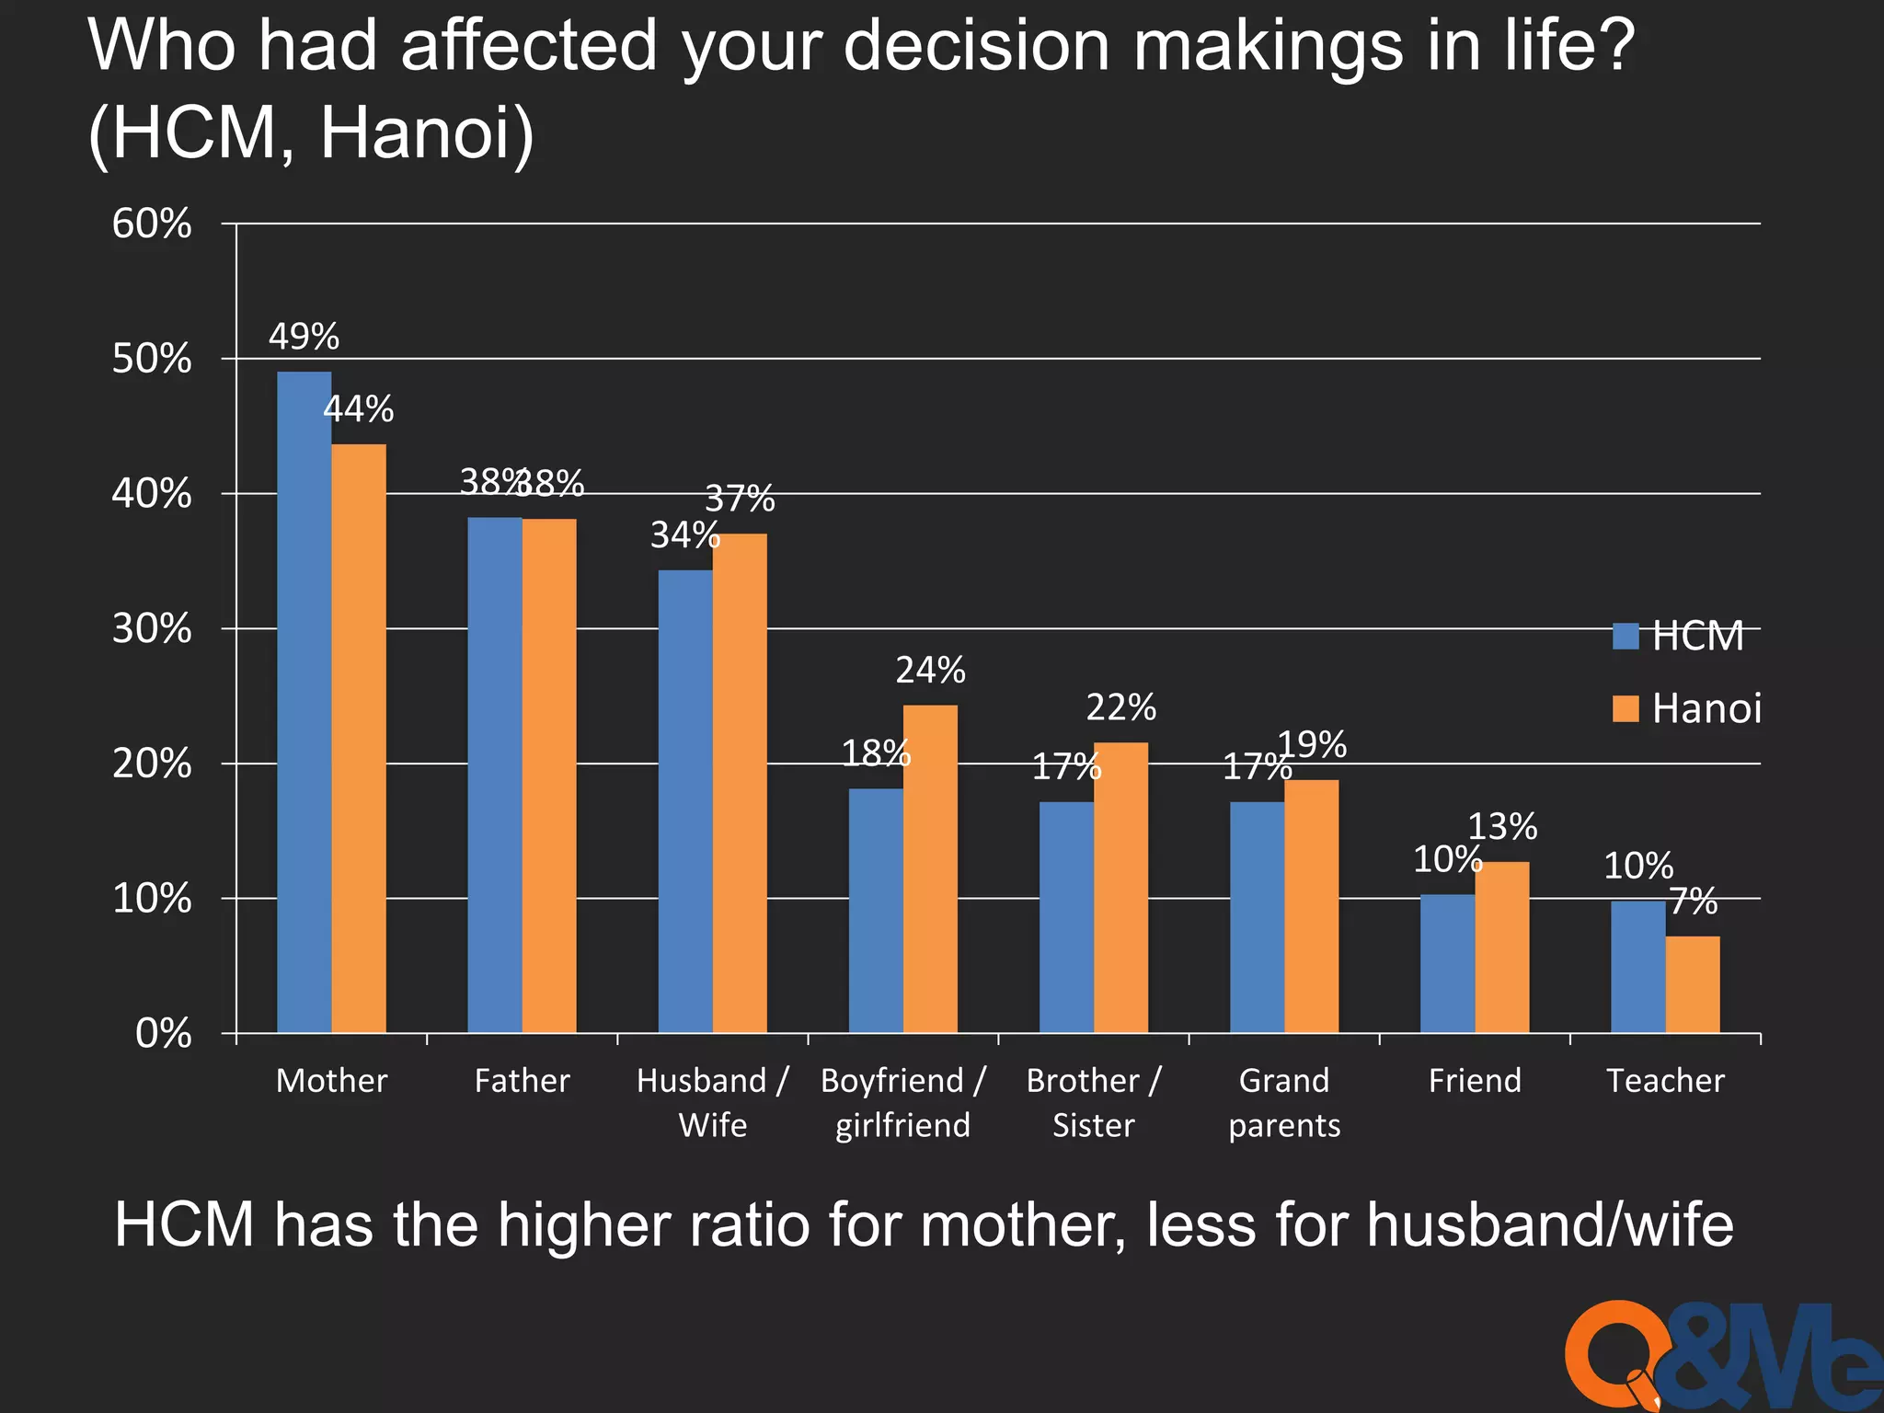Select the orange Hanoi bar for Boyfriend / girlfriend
pos(930,868)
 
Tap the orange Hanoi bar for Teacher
pos(1693,984)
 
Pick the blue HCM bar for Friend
pos(1447,963)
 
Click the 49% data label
pos(304,337)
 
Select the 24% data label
pos(930,671)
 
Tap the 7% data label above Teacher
pos(1693,902)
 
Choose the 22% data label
pos(1120,707)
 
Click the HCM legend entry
pos(1679,636)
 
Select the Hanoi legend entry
pos(1687,708)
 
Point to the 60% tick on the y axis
pos(152,224)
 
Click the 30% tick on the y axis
pos(152,629)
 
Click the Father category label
pos(522,1080)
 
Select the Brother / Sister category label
pos(1094,1102)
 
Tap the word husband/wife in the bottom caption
pos(1549,1225)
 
